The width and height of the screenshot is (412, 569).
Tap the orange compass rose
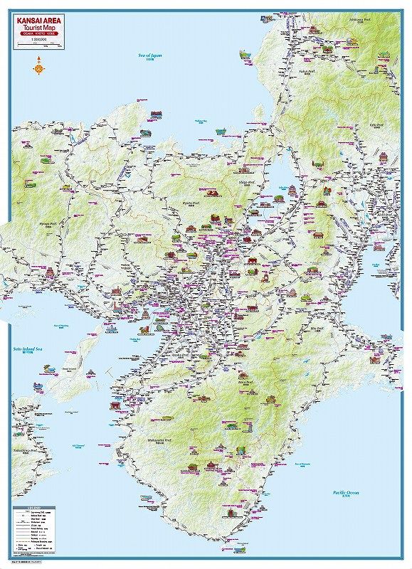coord(37,68)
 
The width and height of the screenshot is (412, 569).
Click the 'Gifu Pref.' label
coord(377,126)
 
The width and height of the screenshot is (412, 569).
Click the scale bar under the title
coord(36,46)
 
